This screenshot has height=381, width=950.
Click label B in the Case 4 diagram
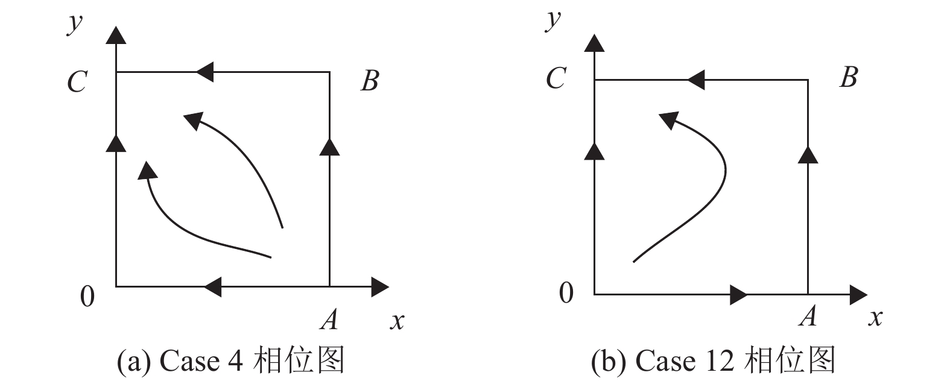(x=370, y=81)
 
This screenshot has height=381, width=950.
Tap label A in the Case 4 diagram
(x=329, y=319)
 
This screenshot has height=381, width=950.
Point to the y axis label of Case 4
(x=74, y=24)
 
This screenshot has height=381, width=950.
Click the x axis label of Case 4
(x=396, y=321)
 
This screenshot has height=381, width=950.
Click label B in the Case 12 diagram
(x=848, y=78)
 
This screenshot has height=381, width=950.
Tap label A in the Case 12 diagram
(x=808, y=315)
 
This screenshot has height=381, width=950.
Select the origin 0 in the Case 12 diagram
(x=566, y=293)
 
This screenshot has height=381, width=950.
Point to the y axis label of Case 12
(x=552, y=19)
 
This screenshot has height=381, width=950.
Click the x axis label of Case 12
(x=875, y=317)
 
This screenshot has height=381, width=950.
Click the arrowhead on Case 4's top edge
(x=205, y=72)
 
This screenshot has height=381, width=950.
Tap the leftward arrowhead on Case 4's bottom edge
(x=213, y=287)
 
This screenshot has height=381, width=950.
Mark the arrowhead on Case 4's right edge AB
(x=329, y=146)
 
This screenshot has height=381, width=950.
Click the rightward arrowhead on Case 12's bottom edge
(x=738, y=295)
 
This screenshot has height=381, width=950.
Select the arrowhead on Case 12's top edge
(x=696, y=80)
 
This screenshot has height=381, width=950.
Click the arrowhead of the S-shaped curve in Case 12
(x=668, y=120)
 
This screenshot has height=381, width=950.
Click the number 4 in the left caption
(x=235, y=361)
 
